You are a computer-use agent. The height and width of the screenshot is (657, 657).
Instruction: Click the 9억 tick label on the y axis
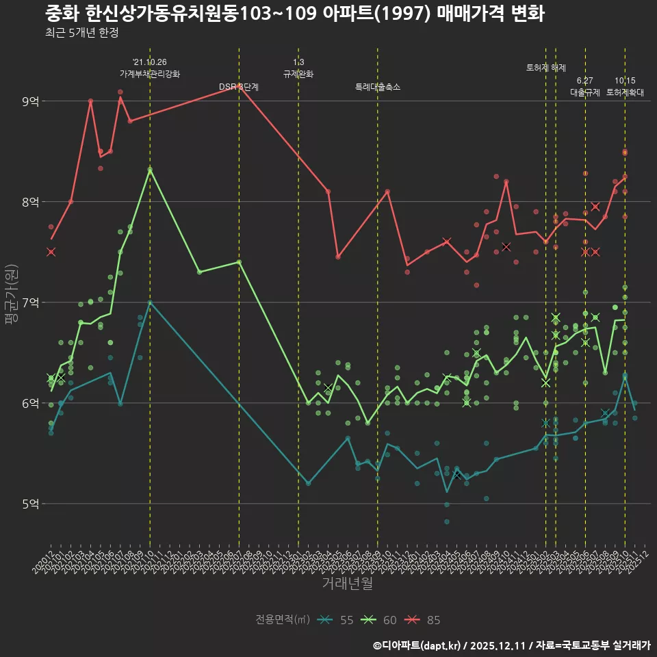(x=30, y=101)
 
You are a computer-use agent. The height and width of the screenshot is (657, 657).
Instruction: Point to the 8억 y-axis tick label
(x=30, y=202)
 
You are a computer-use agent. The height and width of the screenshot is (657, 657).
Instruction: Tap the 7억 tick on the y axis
(x=30, y=302)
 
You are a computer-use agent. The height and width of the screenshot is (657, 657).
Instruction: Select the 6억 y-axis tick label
(x=30, y=403)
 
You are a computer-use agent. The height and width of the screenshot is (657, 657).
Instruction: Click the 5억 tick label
(x=30, y=504)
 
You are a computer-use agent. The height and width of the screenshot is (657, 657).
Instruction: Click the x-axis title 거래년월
(x=347, y=584)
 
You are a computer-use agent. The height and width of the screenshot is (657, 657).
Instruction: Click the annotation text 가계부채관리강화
(x=150, y=74)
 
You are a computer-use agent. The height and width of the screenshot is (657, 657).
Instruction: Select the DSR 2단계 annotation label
(x=239, y=87)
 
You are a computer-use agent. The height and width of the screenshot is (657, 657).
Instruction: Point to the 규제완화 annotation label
(x=298, y=74)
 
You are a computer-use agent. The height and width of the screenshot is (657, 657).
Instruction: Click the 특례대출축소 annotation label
(x=378, y=87)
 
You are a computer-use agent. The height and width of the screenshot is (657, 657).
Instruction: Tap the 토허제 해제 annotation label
(x=546, y=68)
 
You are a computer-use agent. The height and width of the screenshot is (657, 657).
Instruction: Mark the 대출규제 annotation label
(x=585, y=92)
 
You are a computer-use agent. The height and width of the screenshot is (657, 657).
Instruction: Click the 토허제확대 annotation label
(x=625, y=92)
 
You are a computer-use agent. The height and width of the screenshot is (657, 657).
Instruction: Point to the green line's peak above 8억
(x=150, y=169)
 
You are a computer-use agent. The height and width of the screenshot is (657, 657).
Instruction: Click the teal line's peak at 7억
(x=150, y=302)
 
